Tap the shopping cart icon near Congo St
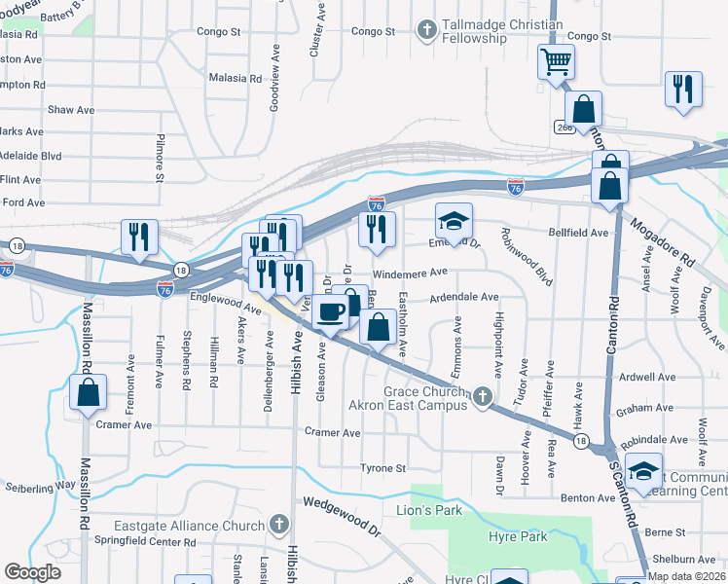click(556, 62)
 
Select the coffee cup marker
click(332, 311)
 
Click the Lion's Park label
click(427, 509)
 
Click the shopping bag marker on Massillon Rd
click(88, 394)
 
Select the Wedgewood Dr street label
click(341, 517)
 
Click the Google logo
click(32, 572)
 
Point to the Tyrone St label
click(382, 468)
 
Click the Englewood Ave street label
click(225, 303)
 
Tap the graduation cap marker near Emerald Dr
click(454, 221)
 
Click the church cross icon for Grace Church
click(482, 397)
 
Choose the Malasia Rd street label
click(236, 78)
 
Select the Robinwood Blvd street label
click(526, 257)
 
